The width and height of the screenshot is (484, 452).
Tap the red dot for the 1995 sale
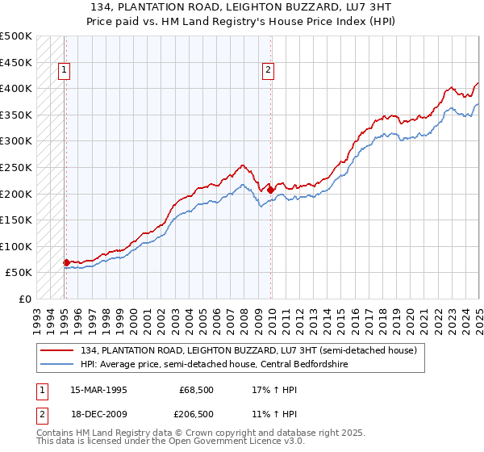pyautogui.click(x=65, y=262)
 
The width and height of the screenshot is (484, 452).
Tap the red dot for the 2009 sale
pyautogui.click(x=270, y=190)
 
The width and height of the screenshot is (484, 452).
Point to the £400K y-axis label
pyautogui.click(x=16, y=88)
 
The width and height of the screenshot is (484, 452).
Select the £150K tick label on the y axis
pyautogui.click(x=16, y=220)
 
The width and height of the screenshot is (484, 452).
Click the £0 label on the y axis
pyautogui.click(x=25, y=299)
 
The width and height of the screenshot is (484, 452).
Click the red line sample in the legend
pyautogui.click(x=56, y=350)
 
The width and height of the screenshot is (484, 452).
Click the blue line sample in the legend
pyautogui.click(x=56, y=364)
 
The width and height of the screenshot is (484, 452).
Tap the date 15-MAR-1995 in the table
pyautogui.click(x=98, y=390)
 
